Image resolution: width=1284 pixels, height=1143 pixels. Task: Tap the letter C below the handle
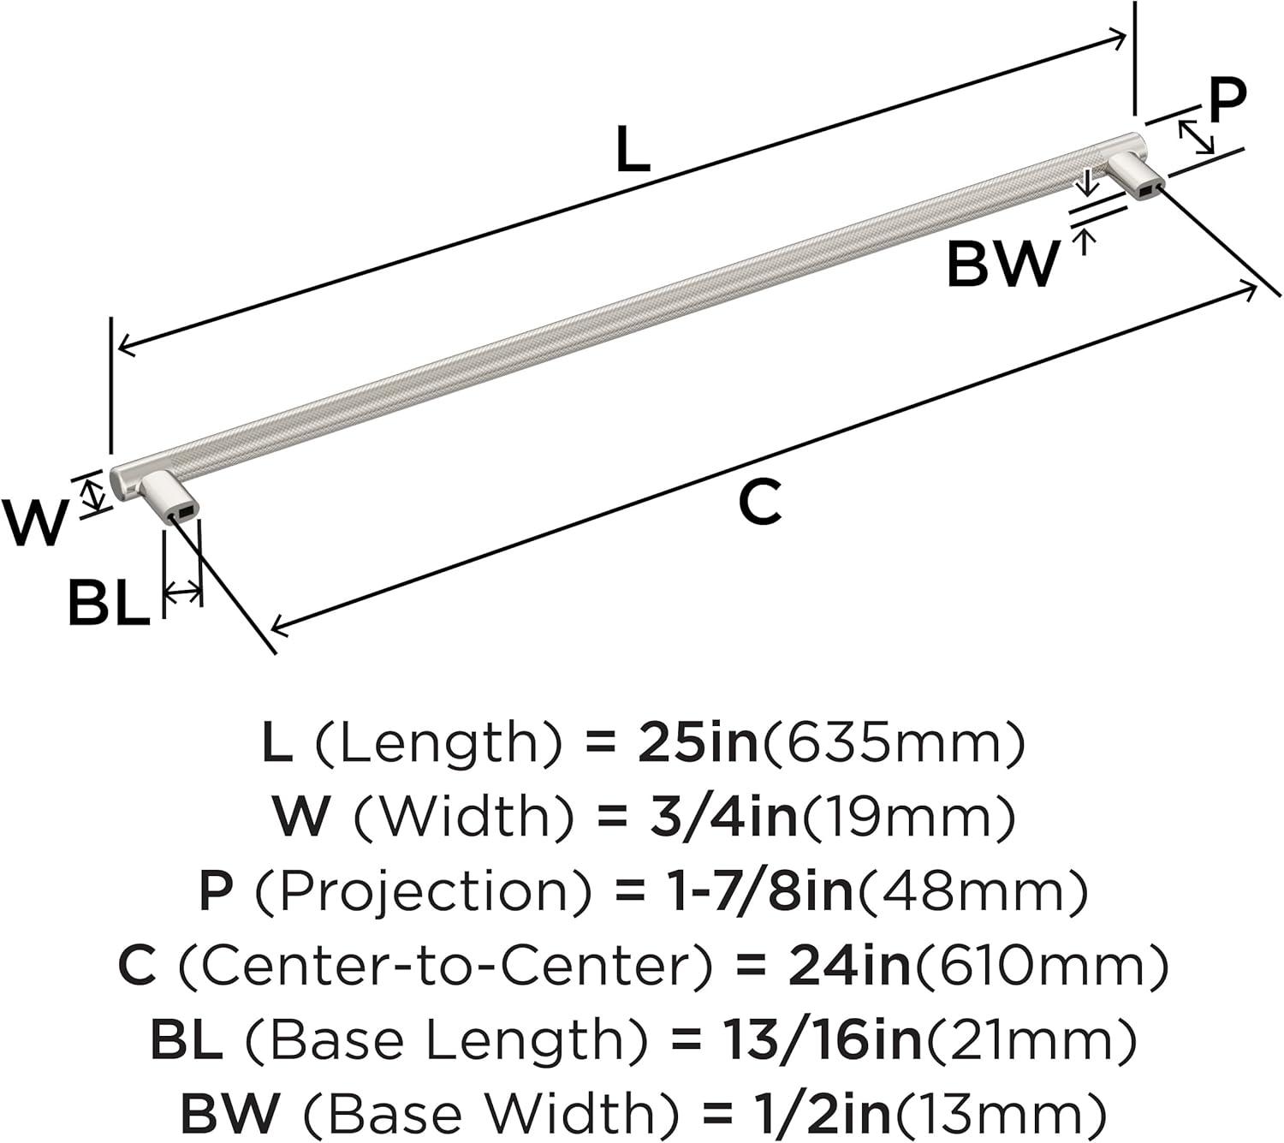click(760, 503)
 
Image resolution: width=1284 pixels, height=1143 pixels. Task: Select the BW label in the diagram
click(1002, 265)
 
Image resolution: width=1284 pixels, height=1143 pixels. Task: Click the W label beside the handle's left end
click(34, 522)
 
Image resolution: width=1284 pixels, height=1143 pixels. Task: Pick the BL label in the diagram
click(109, 604)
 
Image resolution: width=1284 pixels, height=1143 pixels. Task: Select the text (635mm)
click(893, 742)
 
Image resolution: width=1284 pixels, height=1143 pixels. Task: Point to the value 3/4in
click(722, 816)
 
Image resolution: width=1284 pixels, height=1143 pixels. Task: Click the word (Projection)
click(423, 891)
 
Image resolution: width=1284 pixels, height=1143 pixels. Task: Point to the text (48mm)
click(973, 891)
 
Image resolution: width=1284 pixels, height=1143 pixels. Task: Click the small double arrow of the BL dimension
click(182, 591)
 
